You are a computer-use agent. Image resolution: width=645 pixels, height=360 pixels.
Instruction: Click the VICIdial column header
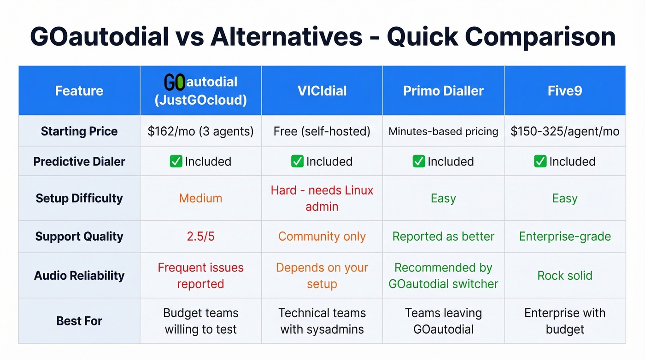tap(322, 91)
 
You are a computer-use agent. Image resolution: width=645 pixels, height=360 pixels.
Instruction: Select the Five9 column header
tap(565, 91)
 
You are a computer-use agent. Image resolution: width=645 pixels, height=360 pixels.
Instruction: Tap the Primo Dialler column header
tap(443, 91)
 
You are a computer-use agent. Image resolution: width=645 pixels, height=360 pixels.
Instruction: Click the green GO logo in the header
tap(175, 83)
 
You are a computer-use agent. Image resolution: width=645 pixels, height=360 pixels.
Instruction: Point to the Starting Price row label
tap(79, 131)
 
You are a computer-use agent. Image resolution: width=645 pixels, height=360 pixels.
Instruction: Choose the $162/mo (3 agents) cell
tap(200, 131)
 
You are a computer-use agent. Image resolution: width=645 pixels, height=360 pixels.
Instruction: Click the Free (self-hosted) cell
tap(322, 131)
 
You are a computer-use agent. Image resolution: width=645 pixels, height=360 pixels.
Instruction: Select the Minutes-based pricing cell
tap(443, 131)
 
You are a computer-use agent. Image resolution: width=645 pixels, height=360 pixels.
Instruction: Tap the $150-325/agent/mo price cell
tap(565, 131)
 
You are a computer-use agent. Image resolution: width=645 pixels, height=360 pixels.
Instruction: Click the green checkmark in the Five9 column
tap(540, 161)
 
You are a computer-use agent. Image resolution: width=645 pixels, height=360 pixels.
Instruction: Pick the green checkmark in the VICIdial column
tap(297, 161)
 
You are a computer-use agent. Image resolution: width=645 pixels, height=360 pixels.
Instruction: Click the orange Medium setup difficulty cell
tap(200, 198)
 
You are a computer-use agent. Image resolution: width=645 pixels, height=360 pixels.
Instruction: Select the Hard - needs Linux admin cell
tap(322, 198)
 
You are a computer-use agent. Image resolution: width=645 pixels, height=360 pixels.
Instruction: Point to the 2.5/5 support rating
tap(200, 236)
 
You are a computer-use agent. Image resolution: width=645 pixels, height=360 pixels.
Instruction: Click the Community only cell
tap(322, 236)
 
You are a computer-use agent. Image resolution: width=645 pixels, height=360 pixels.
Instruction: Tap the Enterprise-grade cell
tap(565, 236)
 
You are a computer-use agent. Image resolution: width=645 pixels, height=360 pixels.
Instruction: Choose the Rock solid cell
tap(565, 276)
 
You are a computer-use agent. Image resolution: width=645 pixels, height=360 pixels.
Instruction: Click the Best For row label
tap(79, 321)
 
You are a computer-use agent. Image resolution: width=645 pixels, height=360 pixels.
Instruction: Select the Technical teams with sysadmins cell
tap(322, 321)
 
